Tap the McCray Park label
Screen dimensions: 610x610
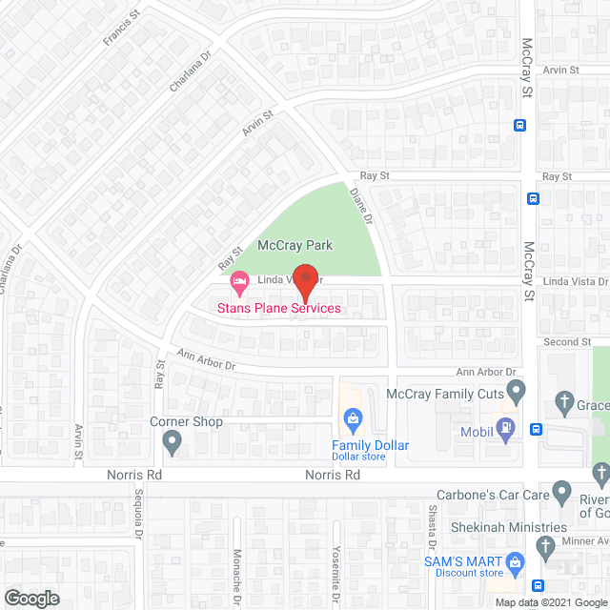point(288,245)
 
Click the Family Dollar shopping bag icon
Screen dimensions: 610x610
point(352,417)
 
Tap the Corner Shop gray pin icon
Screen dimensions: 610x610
point(173,441)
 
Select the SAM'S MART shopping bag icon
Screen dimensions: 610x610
point(515,561)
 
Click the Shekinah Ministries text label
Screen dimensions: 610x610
point(508,527)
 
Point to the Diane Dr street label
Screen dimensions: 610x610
point(359,203)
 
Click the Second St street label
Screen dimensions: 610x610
point(567,342)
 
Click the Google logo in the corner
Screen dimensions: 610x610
point(30,599)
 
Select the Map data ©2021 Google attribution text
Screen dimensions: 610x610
point(550,601)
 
